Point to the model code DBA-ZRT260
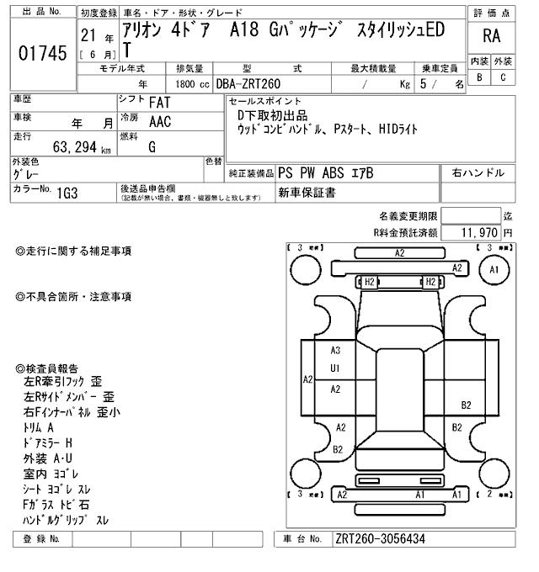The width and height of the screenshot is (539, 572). pos(250,83)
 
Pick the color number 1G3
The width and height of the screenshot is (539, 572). pos(69,193)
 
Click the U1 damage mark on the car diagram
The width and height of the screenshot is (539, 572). pos(334,368)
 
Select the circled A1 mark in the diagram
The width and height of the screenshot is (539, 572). pos(494,269)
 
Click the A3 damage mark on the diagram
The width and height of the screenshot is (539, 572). pos(334,351)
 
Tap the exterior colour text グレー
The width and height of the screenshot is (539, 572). pos(28,173)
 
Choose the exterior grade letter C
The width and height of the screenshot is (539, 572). pos(502,77)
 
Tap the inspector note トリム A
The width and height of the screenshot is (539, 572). pos(40,428)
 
